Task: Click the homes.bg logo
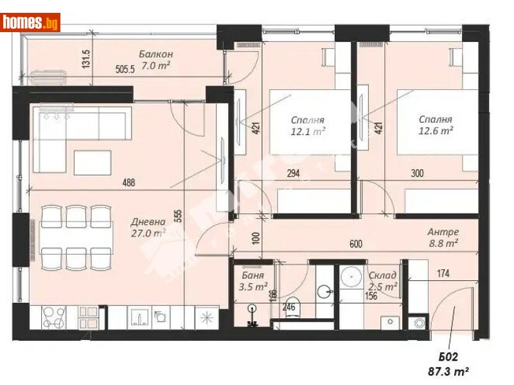click(x=31, y=22)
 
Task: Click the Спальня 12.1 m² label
click(x=307, y=125)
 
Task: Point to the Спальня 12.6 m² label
click(x=435, y=125)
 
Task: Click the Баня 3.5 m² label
click(x=252, y=282)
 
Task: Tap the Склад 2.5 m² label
click(x=383, y=281)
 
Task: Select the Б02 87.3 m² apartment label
click(x=447, y=365)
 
